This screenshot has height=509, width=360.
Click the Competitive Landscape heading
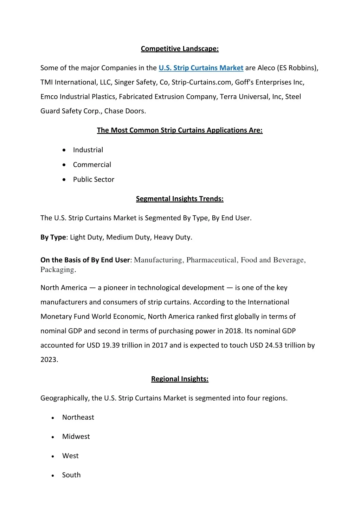[x=180, y=49]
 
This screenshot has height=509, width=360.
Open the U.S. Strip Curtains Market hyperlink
[x=201, y=68]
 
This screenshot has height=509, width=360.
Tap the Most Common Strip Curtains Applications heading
[x=180, y=130]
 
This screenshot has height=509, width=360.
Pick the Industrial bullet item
[x=88, y=150]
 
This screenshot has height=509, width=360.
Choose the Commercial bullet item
[x=92, y=165]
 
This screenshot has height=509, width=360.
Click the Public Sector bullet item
[x=94, y=179]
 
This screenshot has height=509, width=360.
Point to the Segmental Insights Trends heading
[x=180, y=199]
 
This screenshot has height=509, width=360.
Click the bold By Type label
[x=53, y=237]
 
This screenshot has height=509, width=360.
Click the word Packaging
[x=57, y=270]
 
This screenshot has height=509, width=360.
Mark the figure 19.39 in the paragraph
[x=111, y=345]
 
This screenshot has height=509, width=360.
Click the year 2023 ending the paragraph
[x=49, y=360]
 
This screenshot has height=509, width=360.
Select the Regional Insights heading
[x=180, y=379]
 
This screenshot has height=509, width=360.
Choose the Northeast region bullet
[x=78, y=417]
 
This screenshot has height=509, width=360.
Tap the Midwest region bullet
[x=76, y=437]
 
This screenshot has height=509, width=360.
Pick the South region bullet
[x=71, y=475]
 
